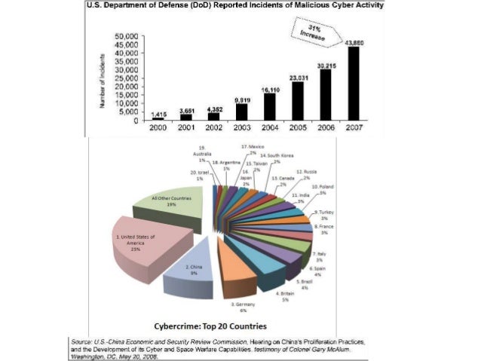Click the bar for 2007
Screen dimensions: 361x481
click(353, 84)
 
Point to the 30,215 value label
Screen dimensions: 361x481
click(324, 65)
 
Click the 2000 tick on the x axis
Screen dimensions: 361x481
click(157, 127)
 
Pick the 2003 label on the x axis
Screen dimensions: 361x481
click(241, 127)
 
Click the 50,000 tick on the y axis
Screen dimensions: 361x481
click(126, 35)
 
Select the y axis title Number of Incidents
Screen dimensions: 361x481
click(100, 78)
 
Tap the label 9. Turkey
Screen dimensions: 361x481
click(326, 216)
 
